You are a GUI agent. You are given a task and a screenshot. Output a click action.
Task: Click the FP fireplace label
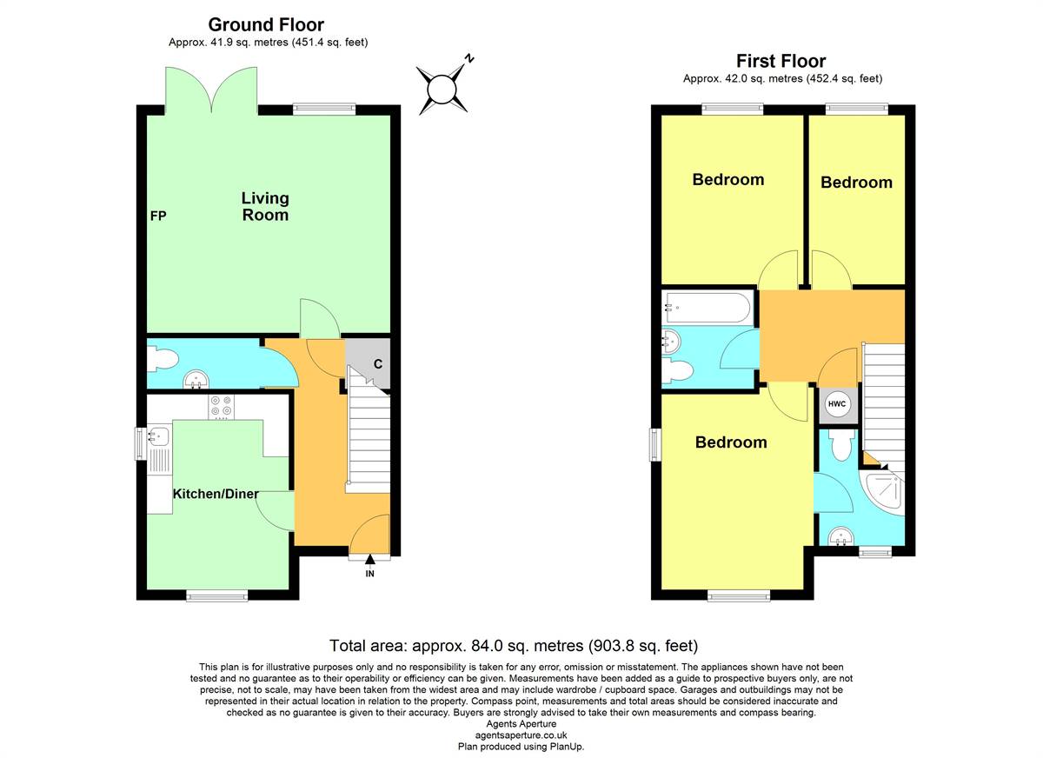pos(158,216)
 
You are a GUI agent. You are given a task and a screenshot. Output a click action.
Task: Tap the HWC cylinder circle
pos(837,404)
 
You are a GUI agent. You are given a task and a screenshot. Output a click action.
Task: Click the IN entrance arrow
pos(370,559)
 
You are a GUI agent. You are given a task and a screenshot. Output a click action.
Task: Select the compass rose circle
pos(442,89)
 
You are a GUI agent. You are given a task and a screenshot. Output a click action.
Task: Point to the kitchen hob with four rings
pos(221,407)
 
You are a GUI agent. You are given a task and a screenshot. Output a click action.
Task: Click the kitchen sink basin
pos(158,436)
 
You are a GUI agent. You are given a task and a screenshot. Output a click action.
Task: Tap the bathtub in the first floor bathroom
pos(708,308)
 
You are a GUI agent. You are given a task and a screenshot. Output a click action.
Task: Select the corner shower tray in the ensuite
pos(881,495)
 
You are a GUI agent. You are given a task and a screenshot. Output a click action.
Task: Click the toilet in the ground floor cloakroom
pos(163,360)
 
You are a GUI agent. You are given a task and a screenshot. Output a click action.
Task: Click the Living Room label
pos(265,207)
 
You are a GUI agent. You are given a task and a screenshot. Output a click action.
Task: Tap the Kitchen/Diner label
pos(216,494)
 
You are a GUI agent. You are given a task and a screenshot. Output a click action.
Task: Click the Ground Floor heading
pos(266,24)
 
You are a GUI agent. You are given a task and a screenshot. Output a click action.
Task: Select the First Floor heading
pos(781,61)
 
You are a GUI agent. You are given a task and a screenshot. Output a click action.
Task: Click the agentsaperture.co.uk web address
pos(521,735)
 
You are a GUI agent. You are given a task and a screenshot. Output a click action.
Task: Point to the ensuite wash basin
pos(841,535)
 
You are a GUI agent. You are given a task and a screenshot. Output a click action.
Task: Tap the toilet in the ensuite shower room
pos(841,446)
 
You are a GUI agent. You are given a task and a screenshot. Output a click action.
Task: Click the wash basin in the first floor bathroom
pos(671,342)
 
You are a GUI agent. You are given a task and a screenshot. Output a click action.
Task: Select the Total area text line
pos(514,646)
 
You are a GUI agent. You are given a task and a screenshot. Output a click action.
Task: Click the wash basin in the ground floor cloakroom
pos(196,379)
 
